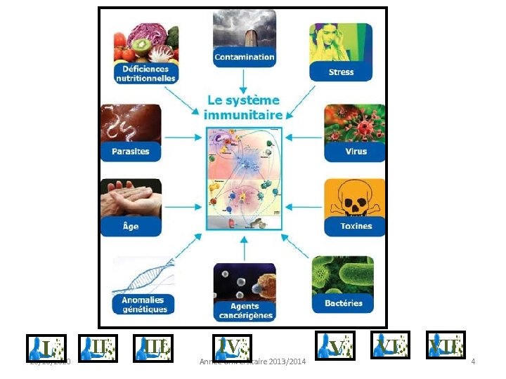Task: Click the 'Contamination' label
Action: (x=245, y=56)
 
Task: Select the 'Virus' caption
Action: (x=356, y=151)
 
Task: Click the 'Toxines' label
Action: (x=356, y=226)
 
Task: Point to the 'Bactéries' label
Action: (x=344, y=303)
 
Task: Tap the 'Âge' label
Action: (x=131, y=226)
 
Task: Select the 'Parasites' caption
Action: (x=131, y=151)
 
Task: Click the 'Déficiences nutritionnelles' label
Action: (x=145, y=74)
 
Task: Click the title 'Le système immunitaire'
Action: (x=243, y=107)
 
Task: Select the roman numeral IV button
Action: (x=232, y=346)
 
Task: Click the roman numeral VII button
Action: (x=446, y=345)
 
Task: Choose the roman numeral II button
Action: (x=96, y=345)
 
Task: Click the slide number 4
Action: (x=473, y=361)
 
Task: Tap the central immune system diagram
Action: (x=244, y=178)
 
